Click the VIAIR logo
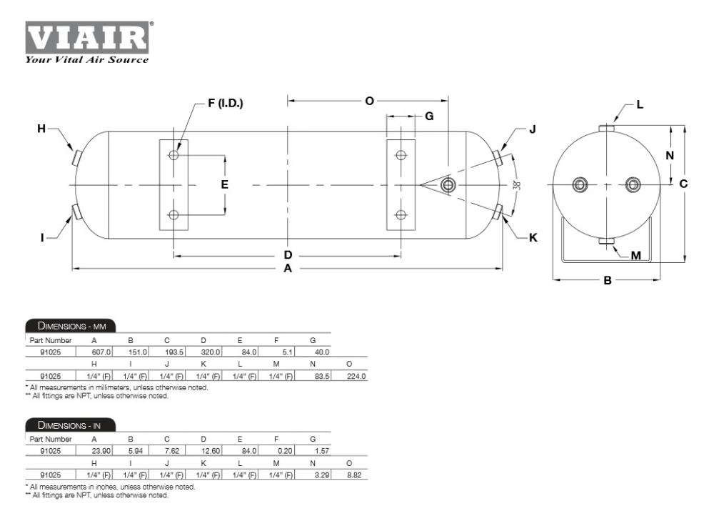pos(87,42)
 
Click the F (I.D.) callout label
pos(226,103)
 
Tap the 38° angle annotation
pos(517,185)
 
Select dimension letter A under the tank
pos(287,269)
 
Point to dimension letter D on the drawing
pos(288,255)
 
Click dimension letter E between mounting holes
pos(224,184)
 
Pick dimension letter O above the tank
pos(369,101)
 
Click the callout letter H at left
pos(41,129)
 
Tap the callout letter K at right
pos(533,237)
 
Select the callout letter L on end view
pos(640,105)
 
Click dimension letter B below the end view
pos(608,280)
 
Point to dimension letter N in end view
pos(670,156)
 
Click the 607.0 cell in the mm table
pos(101,352)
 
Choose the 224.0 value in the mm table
pos(356,376)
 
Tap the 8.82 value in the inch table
pos(354,475)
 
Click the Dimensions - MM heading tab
pos(71,325)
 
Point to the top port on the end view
pos(606,128)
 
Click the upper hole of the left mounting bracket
pos(174,155)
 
